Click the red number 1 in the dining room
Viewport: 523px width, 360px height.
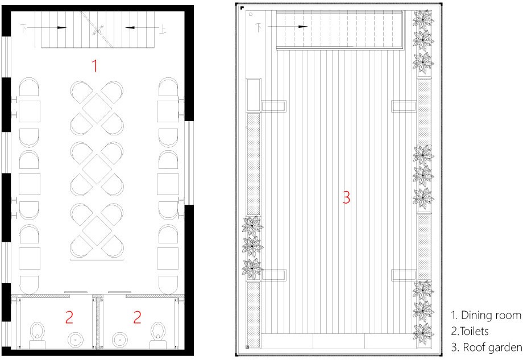coord(95,66)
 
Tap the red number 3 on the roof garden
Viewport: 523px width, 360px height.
coord(347,197)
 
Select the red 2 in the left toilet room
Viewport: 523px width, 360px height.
coord(69,317)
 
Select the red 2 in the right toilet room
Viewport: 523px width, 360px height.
coord(137,317)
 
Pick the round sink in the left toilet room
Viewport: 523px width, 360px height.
coord(76,340)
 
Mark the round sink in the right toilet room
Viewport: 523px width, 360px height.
coord(119,340)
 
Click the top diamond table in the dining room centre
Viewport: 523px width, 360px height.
coord(97,108)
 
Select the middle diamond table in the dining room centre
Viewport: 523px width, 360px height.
coord(97,169)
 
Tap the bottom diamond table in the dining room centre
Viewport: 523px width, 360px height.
coord(97,230)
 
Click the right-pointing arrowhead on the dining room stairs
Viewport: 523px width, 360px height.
coord(62,28)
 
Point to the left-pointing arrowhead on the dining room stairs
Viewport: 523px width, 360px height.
coord(130,28)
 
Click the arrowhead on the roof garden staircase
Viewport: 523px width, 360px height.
coord(303,27)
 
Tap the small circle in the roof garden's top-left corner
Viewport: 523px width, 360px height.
coord(251,14)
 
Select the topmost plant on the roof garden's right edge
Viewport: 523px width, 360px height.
coord(423,20)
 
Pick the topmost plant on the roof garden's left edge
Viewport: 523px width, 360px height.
coord(252,226)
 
